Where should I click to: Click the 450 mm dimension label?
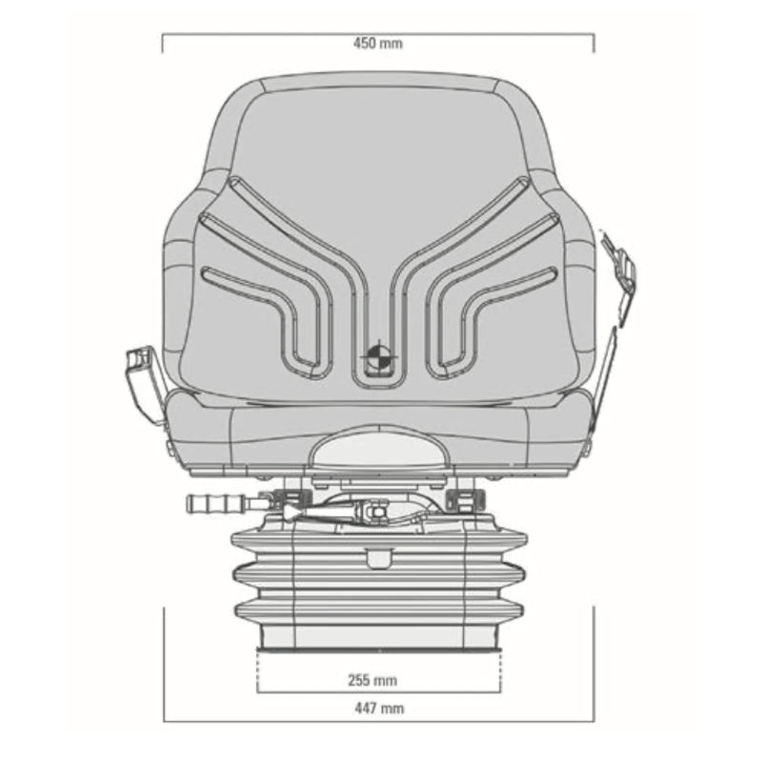378,44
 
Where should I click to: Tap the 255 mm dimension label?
371,680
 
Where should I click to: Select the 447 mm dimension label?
378,708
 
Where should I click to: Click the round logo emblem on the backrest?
375,357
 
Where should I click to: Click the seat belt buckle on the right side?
619,267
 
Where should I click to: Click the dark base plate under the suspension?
378,650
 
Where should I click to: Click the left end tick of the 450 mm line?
163,43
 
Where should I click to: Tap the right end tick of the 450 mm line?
594,43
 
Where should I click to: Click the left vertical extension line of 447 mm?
164,667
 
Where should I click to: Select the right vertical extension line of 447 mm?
593,667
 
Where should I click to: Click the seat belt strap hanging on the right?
604,371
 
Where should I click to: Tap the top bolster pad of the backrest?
378,86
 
